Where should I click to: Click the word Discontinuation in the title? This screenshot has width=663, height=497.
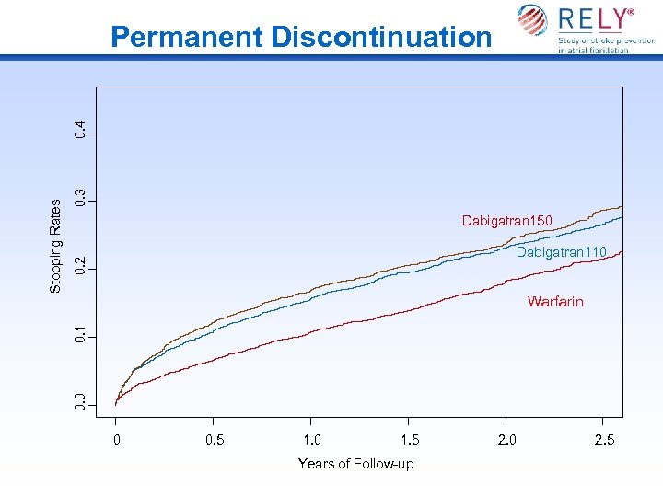(x=380, y=37)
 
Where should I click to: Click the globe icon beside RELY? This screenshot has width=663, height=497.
(x=531, y=20)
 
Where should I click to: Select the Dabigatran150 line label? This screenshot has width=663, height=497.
(x=507, y=221)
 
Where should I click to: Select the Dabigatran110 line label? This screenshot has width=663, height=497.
(x=561, y=252)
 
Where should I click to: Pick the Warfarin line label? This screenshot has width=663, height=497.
(x=555, y=302)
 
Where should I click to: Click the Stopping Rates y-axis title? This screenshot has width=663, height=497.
(x=55, y=246)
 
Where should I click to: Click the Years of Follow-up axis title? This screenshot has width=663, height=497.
(x=355, y=464)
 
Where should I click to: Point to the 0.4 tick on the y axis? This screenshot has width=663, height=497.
(x=82, y=130)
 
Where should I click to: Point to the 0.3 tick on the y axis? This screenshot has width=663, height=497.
(x=82, y=198)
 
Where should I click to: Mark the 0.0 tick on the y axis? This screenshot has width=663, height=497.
(x=82, y=403)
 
